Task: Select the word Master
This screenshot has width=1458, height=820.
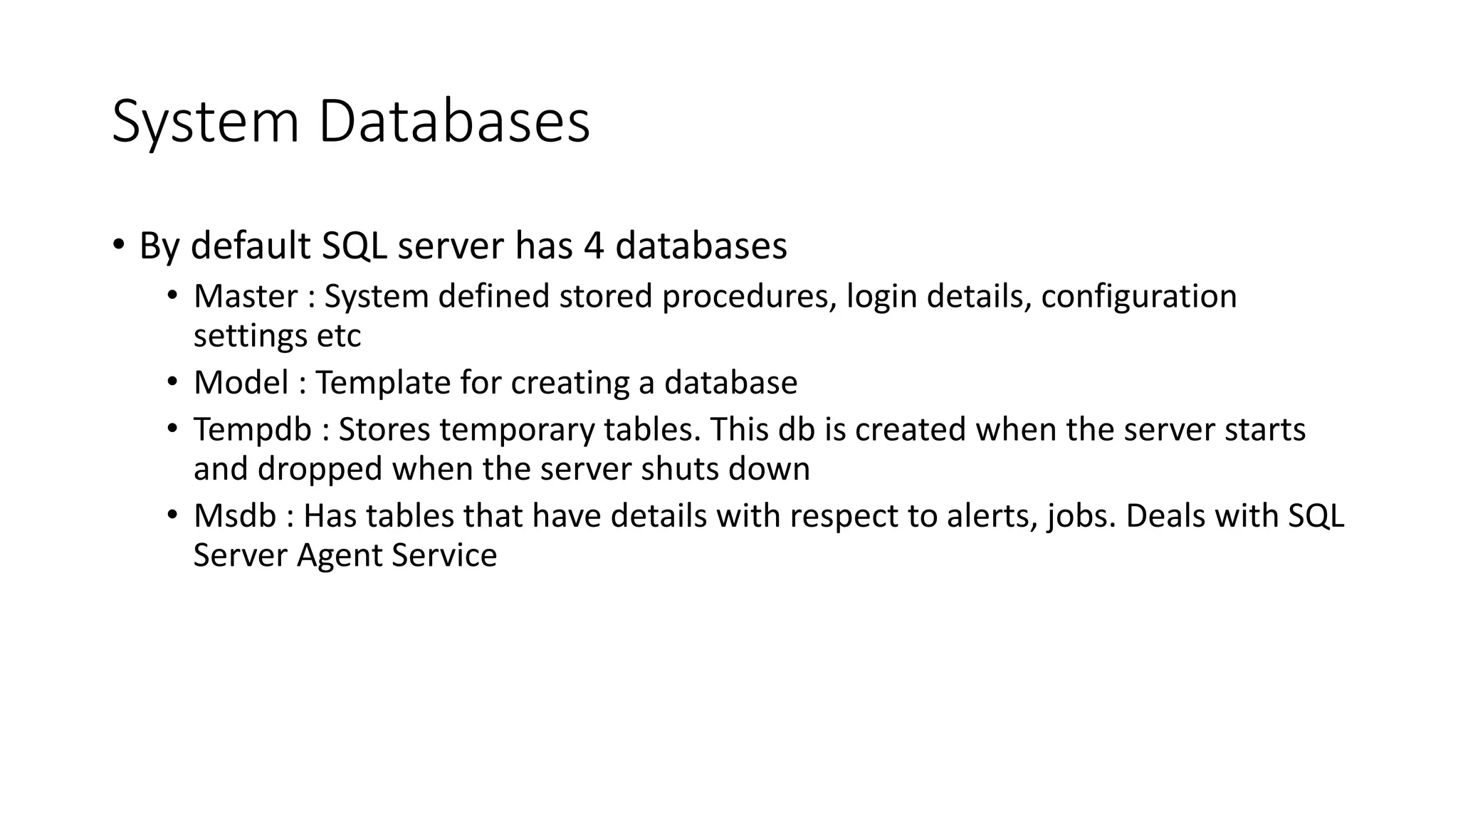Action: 246,296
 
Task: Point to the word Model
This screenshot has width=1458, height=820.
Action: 241,383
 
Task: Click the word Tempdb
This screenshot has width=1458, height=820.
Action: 253,430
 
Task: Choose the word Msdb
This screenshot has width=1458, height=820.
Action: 234,516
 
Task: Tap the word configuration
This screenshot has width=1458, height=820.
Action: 1138,296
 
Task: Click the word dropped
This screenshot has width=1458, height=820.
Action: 320,469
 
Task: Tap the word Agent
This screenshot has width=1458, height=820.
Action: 339,556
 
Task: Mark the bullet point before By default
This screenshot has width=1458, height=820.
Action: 118,246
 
